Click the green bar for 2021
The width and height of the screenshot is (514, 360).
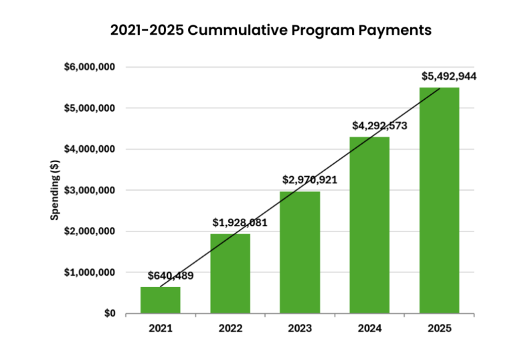[160, 300]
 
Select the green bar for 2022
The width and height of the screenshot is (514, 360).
[230, 274]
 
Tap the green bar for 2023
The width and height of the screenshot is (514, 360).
[300, 252]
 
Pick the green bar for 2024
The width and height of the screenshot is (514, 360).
[369, 225]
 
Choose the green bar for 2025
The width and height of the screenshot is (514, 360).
[439, 200]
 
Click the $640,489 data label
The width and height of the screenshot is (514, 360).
[170, 275]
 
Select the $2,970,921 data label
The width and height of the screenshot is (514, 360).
[309, 179]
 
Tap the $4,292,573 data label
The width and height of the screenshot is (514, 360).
[379, 125]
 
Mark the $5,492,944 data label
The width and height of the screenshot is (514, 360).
[448, 76]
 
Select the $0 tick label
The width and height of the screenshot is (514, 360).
[106, 313]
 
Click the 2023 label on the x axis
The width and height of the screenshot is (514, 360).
[300, 328]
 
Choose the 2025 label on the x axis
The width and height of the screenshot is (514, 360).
[439, 328]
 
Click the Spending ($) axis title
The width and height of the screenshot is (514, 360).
[56, 190]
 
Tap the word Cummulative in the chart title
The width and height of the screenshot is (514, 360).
[239, 30]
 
